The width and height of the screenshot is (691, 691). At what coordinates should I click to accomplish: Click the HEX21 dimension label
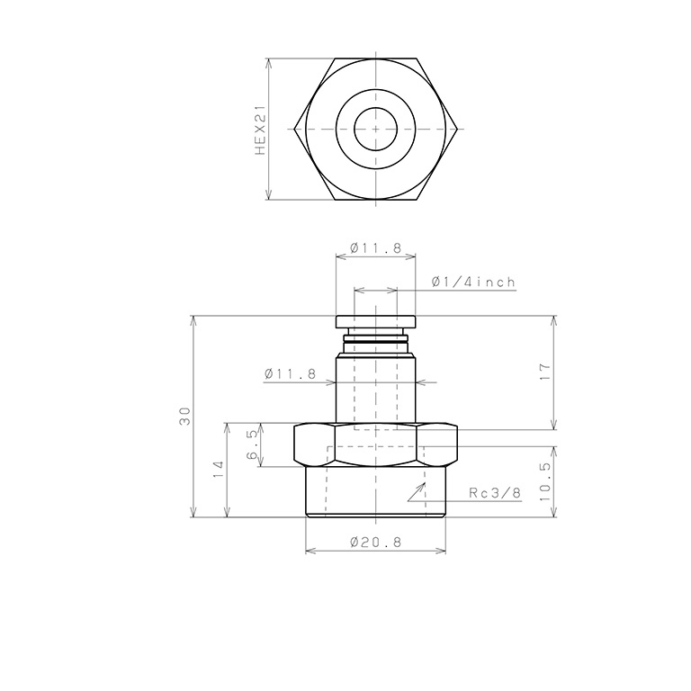pyautogui.click(x=261, y=130)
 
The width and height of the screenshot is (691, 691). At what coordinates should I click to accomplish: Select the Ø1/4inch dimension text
pyautogui.click(x=473, y=282)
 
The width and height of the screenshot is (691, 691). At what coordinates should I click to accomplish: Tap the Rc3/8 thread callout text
pyautogui.click(x=496, y=492)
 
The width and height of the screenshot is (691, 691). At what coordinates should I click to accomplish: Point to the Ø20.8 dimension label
pyautogui.click(x=375, y=543)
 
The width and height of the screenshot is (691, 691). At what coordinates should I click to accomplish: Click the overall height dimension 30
pyautogui.click(x=185, y=416)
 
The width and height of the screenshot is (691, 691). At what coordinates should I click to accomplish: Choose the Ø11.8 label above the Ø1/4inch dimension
pyautogui.click(x=375, y=247)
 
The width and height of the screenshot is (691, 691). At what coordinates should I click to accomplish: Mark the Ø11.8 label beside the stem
pyautogui.click(x=291, y=373)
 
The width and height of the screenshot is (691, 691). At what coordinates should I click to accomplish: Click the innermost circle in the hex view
pyautogui.click(x=375, y=130)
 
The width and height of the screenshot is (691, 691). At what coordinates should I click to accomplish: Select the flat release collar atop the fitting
pyautogui.click(x=375, y=321)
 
